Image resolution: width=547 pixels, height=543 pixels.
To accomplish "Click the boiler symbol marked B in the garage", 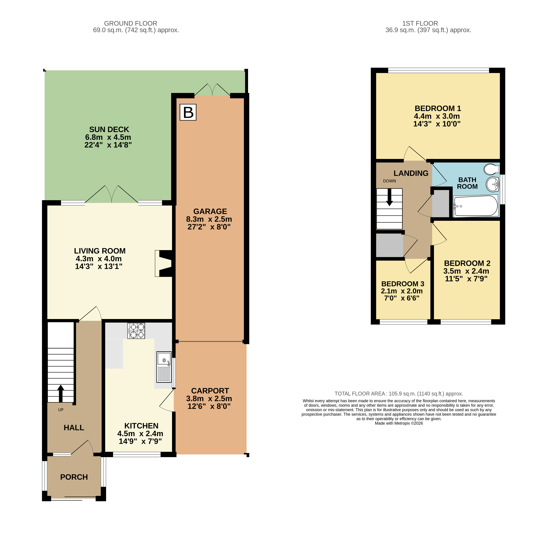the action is pyautogui.click(x=188, y=112).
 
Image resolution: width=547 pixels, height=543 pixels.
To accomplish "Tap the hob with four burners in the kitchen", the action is pyautogui.click(x=136, y=331).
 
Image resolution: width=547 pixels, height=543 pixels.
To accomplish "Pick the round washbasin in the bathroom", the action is pyautogui.click(x=493, y=184).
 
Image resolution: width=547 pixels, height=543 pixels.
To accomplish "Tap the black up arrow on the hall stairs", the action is pyautogui.click(x=61, y=393).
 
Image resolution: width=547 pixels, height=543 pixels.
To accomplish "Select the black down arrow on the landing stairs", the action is pyautogui.click(x=390, y=197).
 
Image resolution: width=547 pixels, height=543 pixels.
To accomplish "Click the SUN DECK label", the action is pyautogui.click(x=109, y=130).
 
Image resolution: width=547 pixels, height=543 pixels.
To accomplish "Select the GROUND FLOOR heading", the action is pyautogui.click(x=130, y=24).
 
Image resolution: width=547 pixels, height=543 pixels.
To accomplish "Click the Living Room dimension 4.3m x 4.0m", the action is pyautogui.click(x=98, y=259).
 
